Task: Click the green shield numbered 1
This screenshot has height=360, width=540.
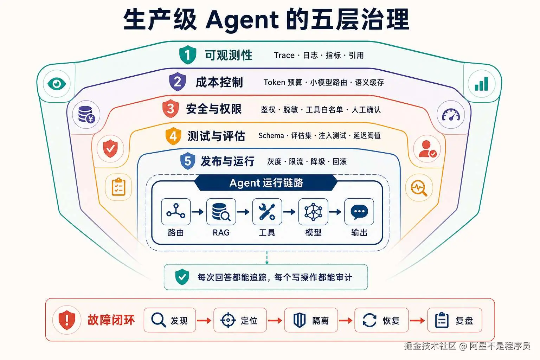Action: click(x=187, y=55)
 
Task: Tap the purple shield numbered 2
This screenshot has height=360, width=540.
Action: click(x=178, y=82)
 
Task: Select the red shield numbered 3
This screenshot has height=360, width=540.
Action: click(x=171, y=109)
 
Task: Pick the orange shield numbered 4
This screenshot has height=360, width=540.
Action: click(x=173, y=136)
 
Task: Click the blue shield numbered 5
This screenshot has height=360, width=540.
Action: click(x=188, y=161)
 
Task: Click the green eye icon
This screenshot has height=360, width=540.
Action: click(x=57, y=84)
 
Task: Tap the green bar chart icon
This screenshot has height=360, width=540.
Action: click(x=481, y=84)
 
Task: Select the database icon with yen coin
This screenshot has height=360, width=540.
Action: click(x=86, y=115)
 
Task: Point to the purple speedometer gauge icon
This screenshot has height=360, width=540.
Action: click(x=451, y=115)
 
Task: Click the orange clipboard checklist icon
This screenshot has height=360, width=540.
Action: click(x=118, y=187)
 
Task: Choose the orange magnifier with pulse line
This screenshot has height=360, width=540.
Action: click(x=419, y=188)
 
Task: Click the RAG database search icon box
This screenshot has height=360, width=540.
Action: click(x=221, y=212)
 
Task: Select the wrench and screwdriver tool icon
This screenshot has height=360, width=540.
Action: click(x=267, y=212)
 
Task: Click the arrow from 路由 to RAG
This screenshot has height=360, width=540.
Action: click(x=198, y=212)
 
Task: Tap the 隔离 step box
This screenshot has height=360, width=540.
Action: click(x=311, y=320)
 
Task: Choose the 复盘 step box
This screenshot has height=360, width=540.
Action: click(x=455, y=320)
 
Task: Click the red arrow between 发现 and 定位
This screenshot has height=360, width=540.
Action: click(x=204, y=321)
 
